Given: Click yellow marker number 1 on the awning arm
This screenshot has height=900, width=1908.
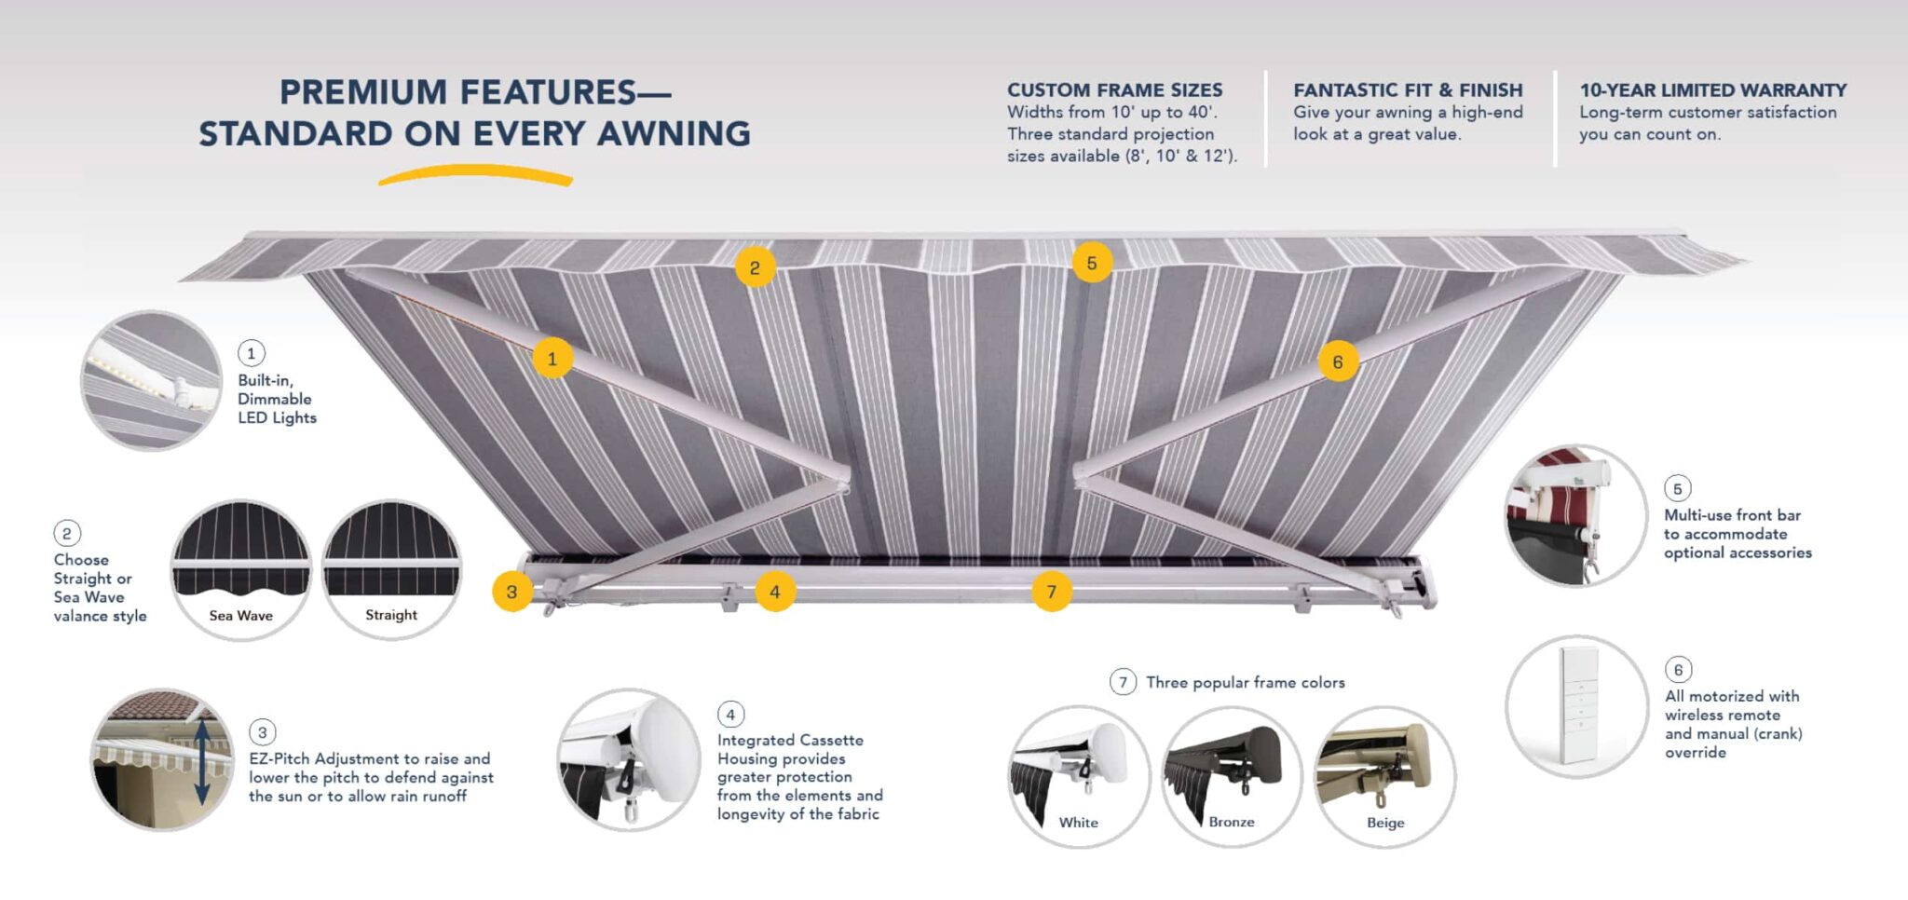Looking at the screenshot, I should (x=552, y=359).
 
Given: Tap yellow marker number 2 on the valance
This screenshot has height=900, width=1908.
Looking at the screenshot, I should (x=755, y=268).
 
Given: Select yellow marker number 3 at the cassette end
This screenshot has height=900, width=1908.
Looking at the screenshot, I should (x=511, y=592).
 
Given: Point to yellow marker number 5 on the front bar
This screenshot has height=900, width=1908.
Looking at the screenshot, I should (x=1092, y=263).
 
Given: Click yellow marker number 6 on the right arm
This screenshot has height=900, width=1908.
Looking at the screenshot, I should (x=1338, y=361).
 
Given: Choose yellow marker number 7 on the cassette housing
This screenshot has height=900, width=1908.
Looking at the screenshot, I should (x=1052, y=592).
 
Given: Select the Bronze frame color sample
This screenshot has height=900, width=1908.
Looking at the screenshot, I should (x=1231, y=776).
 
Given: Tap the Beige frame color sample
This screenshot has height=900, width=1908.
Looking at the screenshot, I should (x=1384, y=776).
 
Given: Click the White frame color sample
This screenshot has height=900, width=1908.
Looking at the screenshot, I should (x=1079, y=776).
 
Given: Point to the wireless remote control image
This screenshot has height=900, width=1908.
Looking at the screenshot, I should (x=1577, y=705).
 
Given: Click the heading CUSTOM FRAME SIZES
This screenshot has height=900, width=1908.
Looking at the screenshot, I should (x=1114, y=90).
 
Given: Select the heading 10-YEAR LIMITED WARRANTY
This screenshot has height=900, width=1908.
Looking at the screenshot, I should (x=1712, y=90).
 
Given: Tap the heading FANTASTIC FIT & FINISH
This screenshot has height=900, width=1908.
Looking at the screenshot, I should (x=1407, y=90).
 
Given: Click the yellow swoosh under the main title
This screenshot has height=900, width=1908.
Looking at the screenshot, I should (x=475, y=174).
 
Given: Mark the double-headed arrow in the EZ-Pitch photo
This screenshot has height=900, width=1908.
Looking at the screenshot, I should (x=202, y=761).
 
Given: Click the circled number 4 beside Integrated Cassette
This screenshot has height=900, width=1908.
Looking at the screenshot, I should (x=730, y=715).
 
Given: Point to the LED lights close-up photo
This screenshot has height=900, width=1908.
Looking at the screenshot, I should (x=152, y=381).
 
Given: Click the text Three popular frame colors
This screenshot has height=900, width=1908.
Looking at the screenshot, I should (x=1245, y=683).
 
